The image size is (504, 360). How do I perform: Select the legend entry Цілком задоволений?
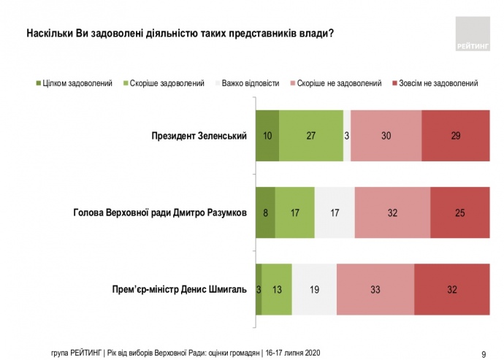pos(77,83)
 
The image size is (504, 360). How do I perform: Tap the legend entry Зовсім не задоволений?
pos(440,83)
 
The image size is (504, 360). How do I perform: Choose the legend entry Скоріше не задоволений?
pos(343,83)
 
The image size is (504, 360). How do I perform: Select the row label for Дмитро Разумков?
pos(161,213)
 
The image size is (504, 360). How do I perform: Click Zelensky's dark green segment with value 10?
pos(267,136)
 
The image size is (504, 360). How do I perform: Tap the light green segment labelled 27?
pos(311,136)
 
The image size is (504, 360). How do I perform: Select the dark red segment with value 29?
pos(455,136)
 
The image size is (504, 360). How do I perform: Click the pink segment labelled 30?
pos(386,136)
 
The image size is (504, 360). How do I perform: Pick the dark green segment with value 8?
pos(265,213)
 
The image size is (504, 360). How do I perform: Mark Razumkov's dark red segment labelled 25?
pos(459,213)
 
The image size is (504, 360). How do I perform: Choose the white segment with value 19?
pos(314,290)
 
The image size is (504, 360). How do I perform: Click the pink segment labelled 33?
pos(375,290)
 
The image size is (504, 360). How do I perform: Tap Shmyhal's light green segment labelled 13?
pos(277,290)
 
